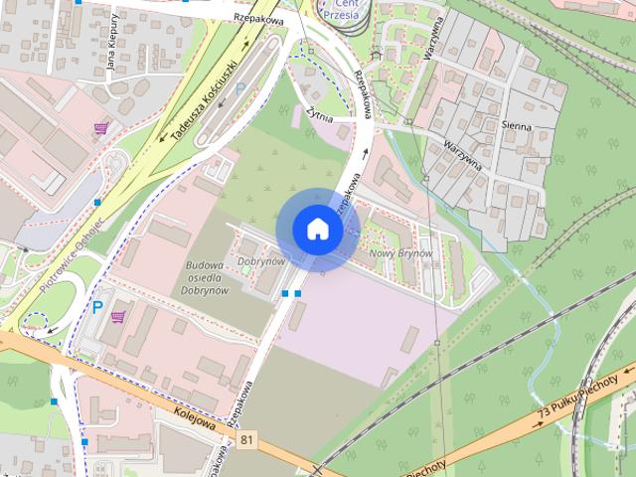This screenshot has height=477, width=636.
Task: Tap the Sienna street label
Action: pyautogui.click(x=517, y=127)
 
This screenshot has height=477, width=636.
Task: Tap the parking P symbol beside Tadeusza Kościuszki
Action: pyautogui.click(x=239, y=89)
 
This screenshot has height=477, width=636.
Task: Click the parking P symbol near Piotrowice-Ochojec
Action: pyautogui.click(x=97, y=307)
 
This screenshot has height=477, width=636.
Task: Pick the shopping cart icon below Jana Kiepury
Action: pyautogui.click(x=100, y=127)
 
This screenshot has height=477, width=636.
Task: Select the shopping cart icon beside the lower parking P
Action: pyautogui.click(x=119, y=317)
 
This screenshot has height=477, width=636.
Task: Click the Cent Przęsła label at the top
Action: pyautogui.click(x=342, y=10)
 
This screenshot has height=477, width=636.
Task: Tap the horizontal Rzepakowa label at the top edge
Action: pyautogui.click(x=259, y=18)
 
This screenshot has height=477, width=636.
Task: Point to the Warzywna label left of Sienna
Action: pyautogui.click(x=463, y=156)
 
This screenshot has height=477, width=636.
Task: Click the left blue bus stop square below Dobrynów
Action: pyautogui.click(x=285, y=293)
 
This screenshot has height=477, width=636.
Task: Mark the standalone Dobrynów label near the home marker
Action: pyautogui.click(x=261, y=261)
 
